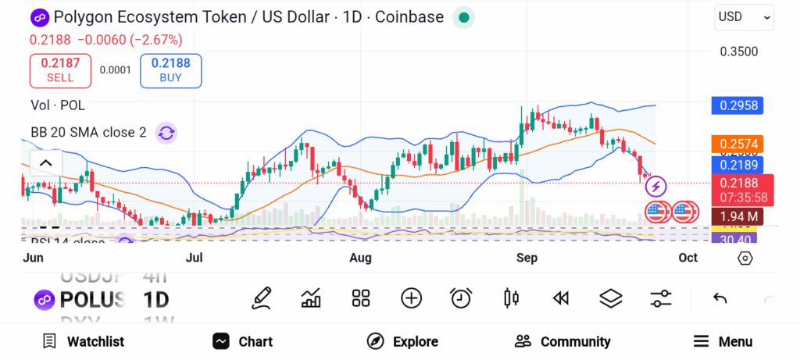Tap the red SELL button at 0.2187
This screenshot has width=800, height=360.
[x=60, y=70]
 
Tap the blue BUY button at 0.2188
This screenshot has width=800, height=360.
[x=170, y=70]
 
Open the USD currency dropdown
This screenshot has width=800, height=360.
[x=744, y=16]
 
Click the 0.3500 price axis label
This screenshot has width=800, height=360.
[x=738, y=52]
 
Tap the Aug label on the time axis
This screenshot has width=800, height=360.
[x=360, y=257]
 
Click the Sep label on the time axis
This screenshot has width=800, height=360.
[x=526, y=257]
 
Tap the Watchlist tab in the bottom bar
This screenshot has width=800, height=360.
[x=83, y=341]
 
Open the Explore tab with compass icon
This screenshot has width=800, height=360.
[x=403, y=341]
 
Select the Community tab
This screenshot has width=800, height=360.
[x=562, y=341]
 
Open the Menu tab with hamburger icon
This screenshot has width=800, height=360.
[x=723, y=341]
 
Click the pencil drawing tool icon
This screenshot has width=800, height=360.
[x=262, y=298]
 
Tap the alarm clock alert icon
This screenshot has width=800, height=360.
[x=461, y=298]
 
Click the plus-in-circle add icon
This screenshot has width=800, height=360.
[x=411, y=298]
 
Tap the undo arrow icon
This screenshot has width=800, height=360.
[x=720, y=298]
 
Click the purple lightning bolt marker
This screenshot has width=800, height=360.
[x=655, y=186]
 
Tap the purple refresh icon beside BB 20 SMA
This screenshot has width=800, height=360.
[x=166, y=132]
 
